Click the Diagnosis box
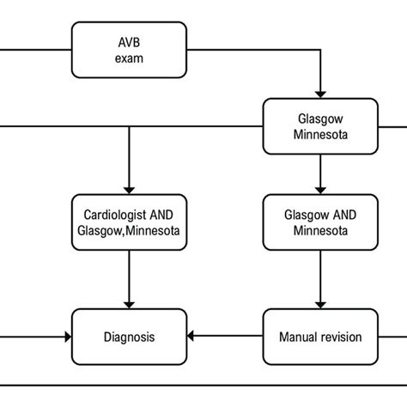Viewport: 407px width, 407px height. click(x=129, y=337)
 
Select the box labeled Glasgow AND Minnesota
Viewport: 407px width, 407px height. click(x=320, y=223)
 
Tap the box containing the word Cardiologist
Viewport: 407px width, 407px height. click(x=129, y=223)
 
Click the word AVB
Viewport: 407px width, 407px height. click(x=129, y=42)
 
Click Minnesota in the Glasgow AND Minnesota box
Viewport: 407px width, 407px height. click(x=320, y=232)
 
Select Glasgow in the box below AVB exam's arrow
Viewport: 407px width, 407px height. click(x=320, y=119)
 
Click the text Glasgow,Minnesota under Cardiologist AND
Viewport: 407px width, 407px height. click(x=129, y=232)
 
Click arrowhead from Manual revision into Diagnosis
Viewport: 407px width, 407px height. click(x=192, y=337)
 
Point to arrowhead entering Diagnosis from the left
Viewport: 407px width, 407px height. click(x=66, y=337)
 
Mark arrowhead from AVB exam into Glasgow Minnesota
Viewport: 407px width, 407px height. click(x=320, y=93)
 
